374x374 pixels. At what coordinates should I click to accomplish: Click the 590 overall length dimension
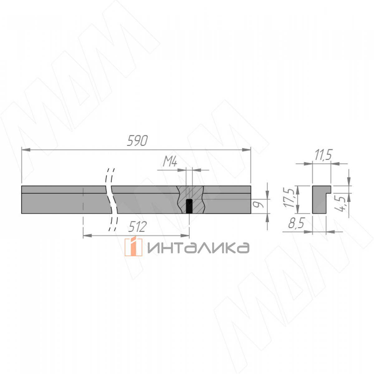[137, 141]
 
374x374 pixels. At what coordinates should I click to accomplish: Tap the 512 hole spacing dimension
[137, 227]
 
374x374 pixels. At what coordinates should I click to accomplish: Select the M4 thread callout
[170, 161]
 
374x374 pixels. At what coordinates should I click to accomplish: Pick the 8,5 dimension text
[296, 223]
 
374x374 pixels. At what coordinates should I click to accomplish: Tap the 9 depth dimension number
[258, 204]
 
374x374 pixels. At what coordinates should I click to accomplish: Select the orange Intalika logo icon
[133, 247]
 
